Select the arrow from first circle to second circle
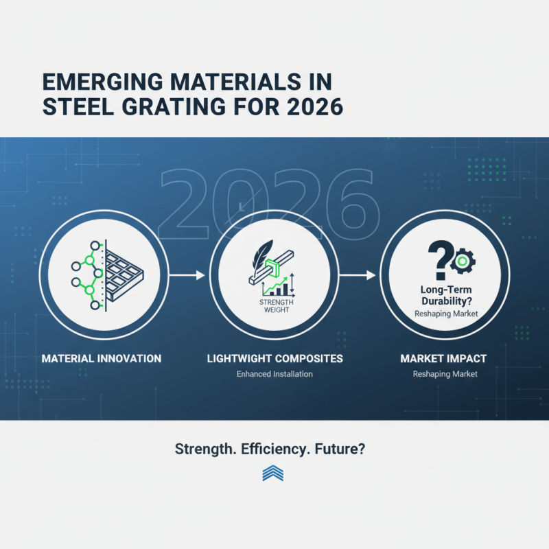pos(187,275)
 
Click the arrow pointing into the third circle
pos(358,275)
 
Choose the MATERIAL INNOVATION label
pos(102,358)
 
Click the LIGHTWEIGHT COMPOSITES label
pos(274,358)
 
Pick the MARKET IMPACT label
pos(443,358)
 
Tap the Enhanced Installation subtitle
pos(274,374)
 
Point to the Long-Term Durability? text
pos(444,294)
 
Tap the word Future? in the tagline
pos(341,449)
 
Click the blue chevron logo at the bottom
pos(273,474)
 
